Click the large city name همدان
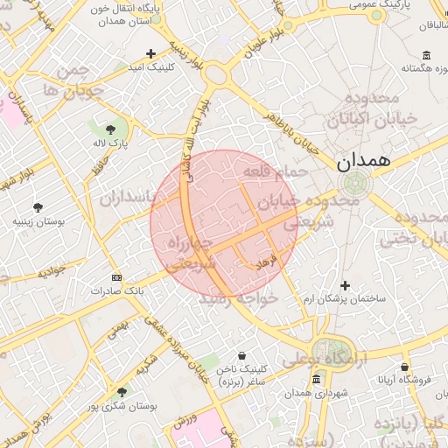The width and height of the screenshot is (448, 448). pyautogui.click(x=356, y=162)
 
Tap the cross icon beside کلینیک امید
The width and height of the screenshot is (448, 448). pyautogui.click(x=151, y=53)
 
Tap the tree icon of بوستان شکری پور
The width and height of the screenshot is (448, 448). pyautogui.click(x=121, y=392)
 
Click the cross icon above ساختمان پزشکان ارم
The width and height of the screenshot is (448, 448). pyautogui.click(x=345, y=285)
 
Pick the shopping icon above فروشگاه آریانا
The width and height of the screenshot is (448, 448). pyautogui.click(x=404, y=367)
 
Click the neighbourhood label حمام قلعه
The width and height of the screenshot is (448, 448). pyautogui.click(x=276, y=171)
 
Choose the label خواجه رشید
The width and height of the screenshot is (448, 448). pyautogui.click(x=239, y=298)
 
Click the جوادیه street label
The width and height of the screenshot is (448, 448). pyautogui.click(x=52, y=273)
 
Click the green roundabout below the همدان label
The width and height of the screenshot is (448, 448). pyautogui.click(x=355, y=184)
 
